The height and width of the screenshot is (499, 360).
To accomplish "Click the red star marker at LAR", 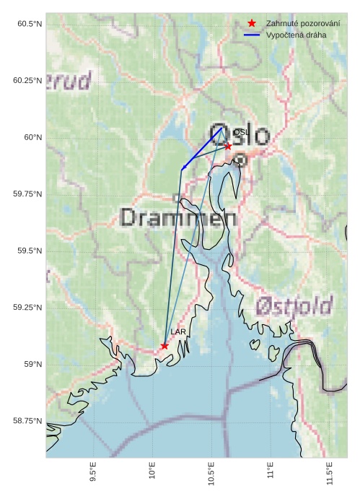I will point(164,346).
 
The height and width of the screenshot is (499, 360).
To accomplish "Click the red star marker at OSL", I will point(228,146).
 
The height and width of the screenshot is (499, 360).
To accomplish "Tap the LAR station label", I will point(177,331).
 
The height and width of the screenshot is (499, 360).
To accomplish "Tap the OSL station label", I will point(240,132).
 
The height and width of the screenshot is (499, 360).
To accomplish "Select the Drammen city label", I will point(178,217).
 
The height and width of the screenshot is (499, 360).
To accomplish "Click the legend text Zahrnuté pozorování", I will point(302,24).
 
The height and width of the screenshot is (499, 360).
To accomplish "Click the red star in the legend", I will point(252,24).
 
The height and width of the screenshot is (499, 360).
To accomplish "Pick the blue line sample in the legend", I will point(252,35).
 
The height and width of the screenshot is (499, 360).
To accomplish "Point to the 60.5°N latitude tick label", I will point(30,24).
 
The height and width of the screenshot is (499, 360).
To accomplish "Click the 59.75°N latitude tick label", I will point(27,194).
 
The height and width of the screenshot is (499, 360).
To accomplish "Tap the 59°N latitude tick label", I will point(32,364).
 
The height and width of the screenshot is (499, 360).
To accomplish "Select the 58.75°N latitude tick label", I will point(27,420).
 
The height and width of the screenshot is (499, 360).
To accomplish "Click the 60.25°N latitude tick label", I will point(27,80).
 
